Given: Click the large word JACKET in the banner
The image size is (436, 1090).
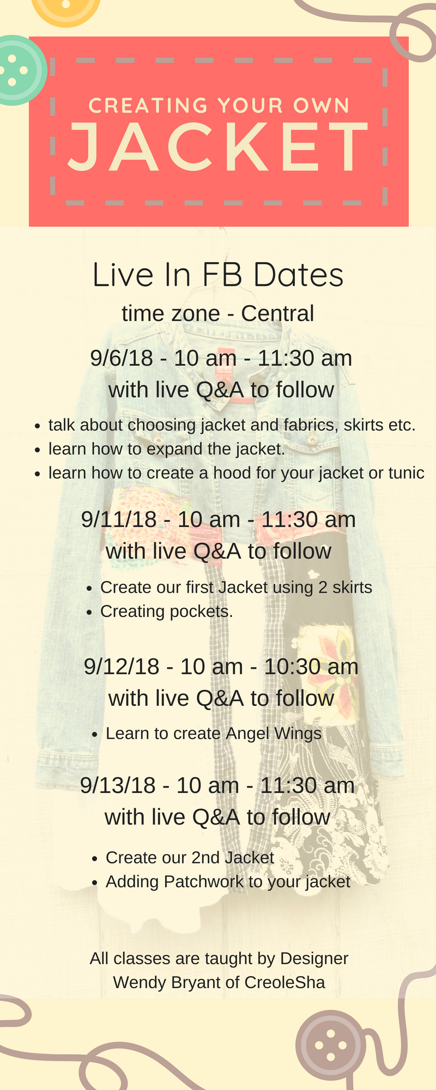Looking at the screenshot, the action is point(218,146).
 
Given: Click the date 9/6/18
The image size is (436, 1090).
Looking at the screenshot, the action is point(122,358).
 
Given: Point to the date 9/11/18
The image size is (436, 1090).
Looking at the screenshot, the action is point(119,519).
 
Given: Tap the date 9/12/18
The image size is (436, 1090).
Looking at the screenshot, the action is point(122,667).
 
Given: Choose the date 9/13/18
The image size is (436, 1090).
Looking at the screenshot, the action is point(118,785).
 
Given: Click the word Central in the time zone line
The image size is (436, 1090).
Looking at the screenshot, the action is point(277,313).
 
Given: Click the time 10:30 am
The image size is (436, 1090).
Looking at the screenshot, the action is point(311,667).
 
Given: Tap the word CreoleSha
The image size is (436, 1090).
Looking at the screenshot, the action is point(284,982).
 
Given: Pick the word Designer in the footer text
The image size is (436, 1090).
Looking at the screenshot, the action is point(314,959).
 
